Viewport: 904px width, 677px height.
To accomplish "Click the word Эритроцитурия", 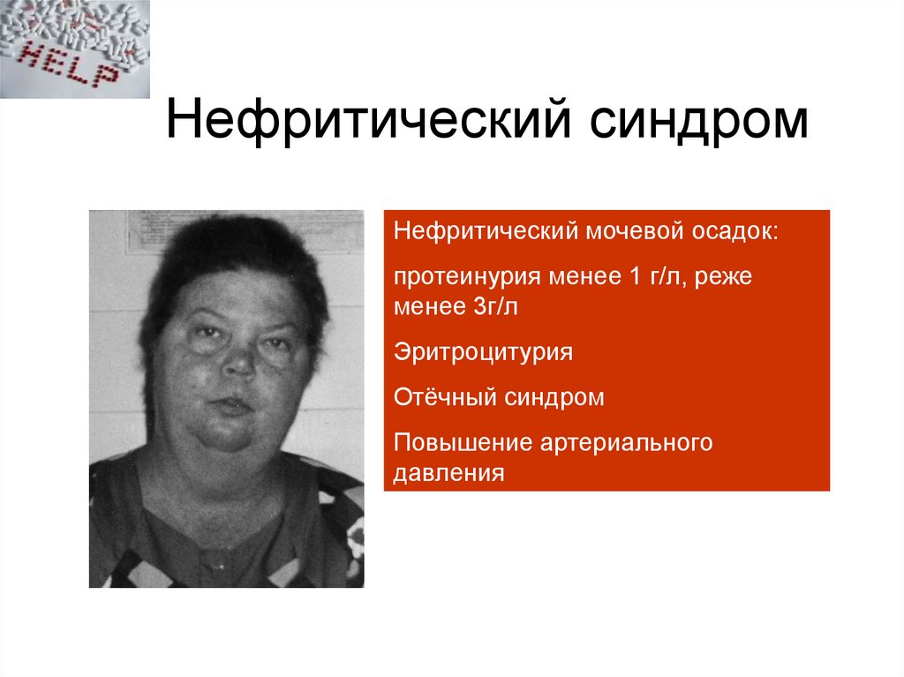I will click(x=484, y=351).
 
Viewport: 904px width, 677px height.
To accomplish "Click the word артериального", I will click(x=614, y=442).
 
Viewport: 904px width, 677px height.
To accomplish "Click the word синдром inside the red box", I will click(x=554, y=397).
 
